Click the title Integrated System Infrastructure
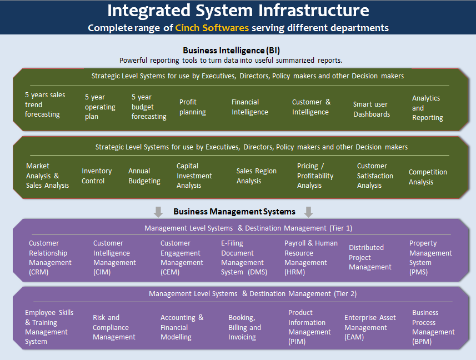238,11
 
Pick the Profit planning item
192,107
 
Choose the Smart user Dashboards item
371,109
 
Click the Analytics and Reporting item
427,108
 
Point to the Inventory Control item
97,176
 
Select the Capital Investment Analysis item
194,176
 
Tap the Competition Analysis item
428,177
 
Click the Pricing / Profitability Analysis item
315,176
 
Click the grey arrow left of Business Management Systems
158,212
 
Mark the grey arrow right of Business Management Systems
309,212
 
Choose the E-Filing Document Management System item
242,258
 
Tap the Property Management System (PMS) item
430,258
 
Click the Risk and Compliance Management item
114,327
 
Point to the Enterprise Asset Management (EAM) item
370,327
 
